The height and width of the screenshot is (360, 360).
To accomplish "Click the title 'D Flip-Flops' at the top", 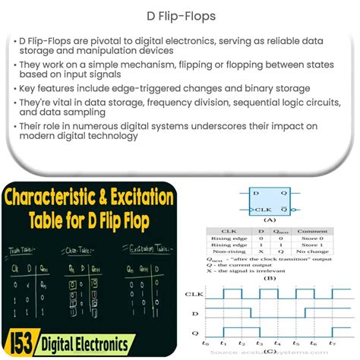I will (x=179, y=14).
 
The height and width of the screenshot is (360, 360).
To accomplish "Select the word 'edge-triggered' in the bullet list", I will (x=142, y=88).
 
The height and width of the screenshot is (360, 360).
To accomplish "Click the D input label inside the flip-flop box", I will (x=254, y=195).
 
